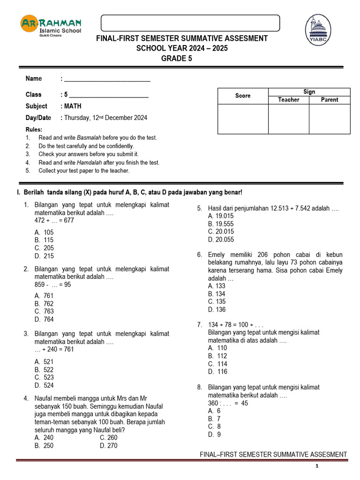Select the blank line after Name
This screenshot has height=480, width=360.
107,79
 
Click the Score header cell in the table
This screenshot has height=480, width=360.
243,96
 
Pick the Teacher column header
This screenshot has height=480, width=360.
288,100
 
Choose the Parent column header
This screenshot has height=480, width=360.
330,100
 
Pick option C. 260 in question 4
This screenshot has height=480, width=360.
109,438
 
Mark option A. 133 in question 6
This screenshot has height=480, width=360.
217,286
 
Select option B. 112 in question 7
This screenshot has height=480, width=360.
218,356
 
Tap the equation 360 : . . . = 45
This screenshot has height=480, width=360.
228,403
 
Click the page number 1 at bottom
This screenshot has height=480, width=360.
317,466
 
